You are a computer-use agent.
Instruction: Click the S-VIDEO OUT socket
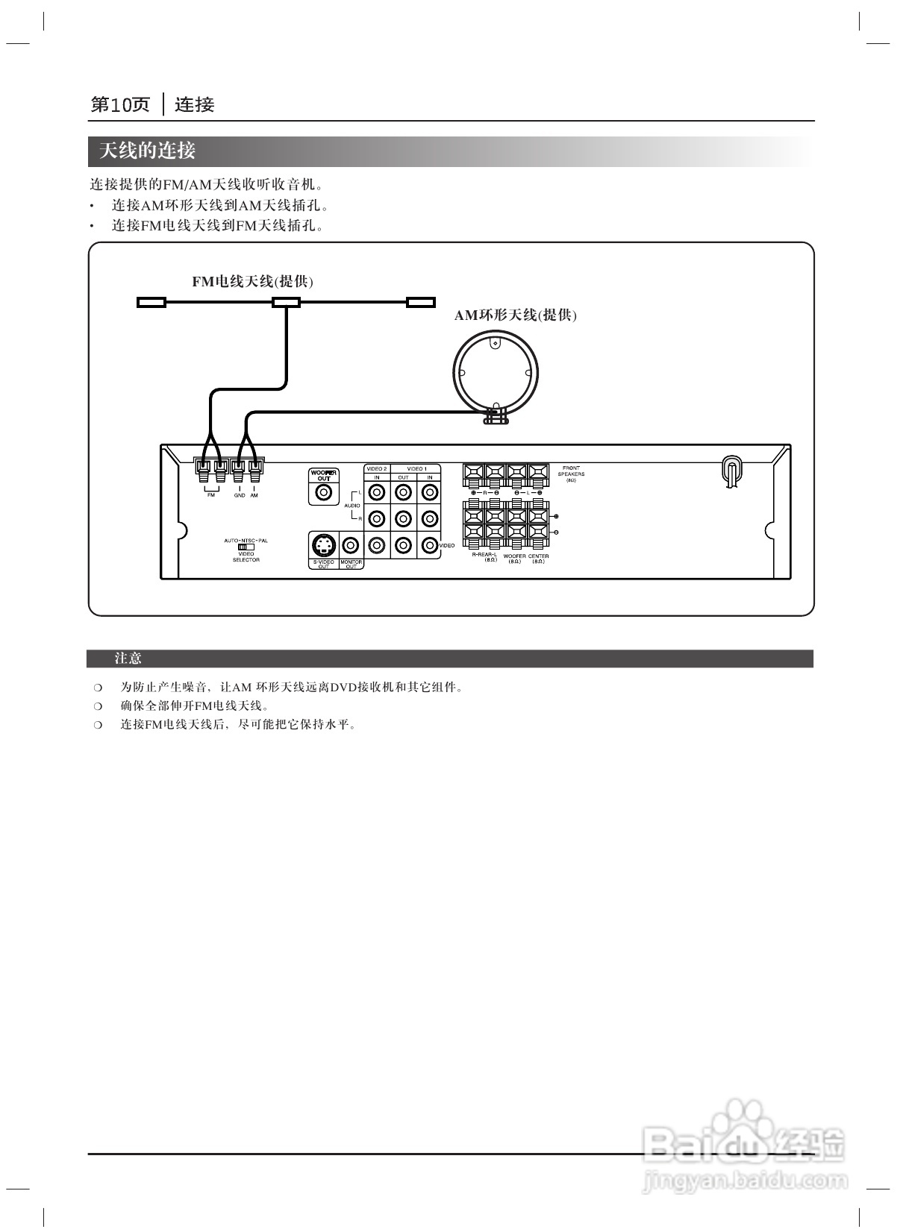point(323,545)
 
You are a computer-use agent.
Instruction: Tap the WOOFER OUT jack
point(324,492)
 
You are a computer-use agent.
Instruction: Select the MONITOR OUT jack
point(351,545)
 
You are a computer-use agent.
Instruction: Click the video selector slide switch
point(246,547)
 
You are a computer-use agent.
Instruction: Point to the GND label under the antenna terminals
point(239,495)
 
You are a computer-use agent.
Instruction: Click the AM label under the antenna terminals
point(254,495)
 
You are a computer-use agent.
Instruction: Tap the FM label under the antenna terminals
point(211,495)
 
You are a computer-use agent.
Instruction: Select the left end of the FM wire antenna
point(151,302)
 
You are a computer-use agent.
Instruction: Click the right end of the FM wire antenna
point(420,302)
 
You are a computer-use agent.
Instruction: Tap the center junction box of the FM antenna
point(286,302)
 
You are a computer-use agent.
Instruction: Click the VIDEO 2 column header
point(377,468)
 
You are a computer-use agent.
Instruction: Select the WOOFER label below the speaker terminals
point(514,556)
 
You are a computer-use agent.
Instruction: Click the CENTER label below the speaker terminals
point(538,556)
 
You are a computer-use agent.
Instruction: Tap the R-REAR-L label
point(484,555)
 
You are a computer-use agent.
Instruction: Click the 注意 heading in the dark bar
point(128,659)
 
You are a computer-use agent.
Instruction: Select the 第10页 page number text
point(120,104)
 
